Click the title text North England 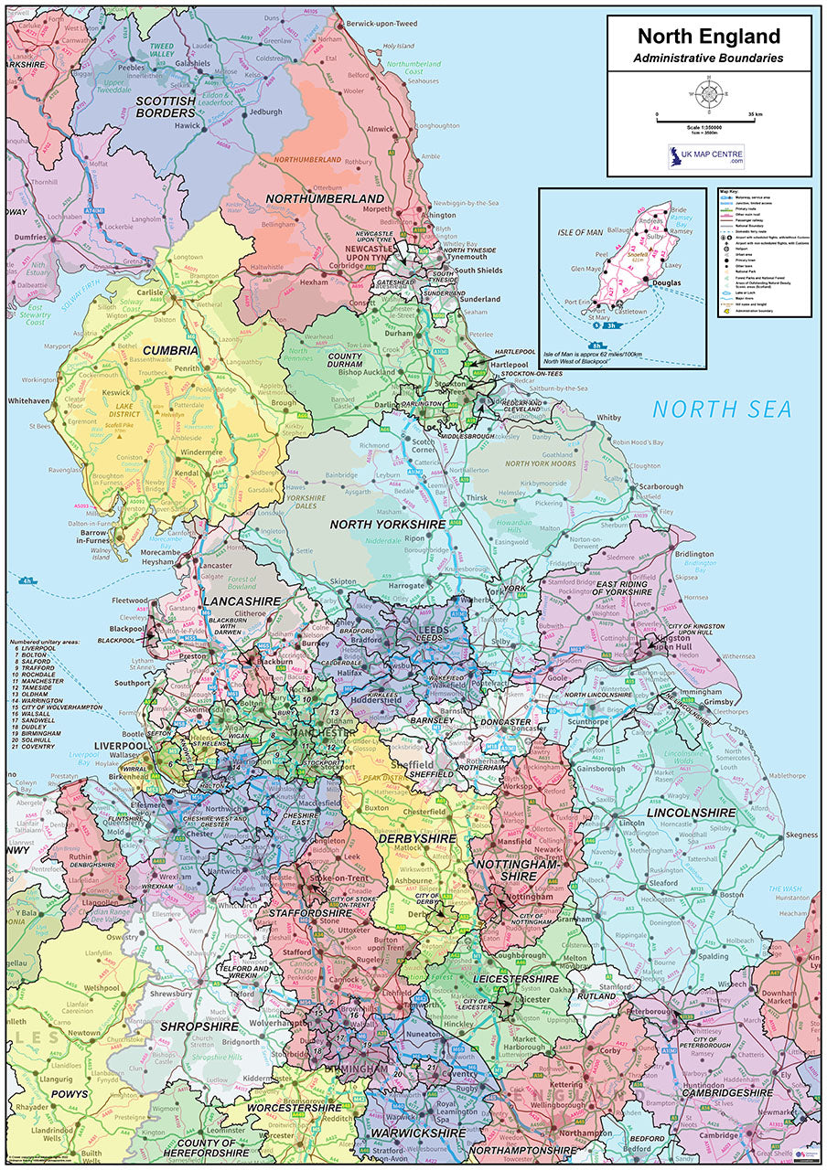pyautogui.click(x=709, y=37)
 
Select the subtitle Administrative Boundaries pyautogui.click(x=709, y=58)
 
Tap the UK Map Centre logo pyautogui.click(x=705, y=156)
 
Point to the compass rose pyautogui.click(x=709, y=93)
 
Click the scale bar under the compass pyautogui.click(x=709, y=121)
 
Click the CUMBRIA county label pyautogui.click(x=170, y=350)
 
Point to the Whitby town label pyautogui.click(x=608, y=418)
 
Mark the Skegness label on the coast pyautogui.click(x=800, y=835)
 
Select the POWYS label pyautogui.click(x=70, y=1093)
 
